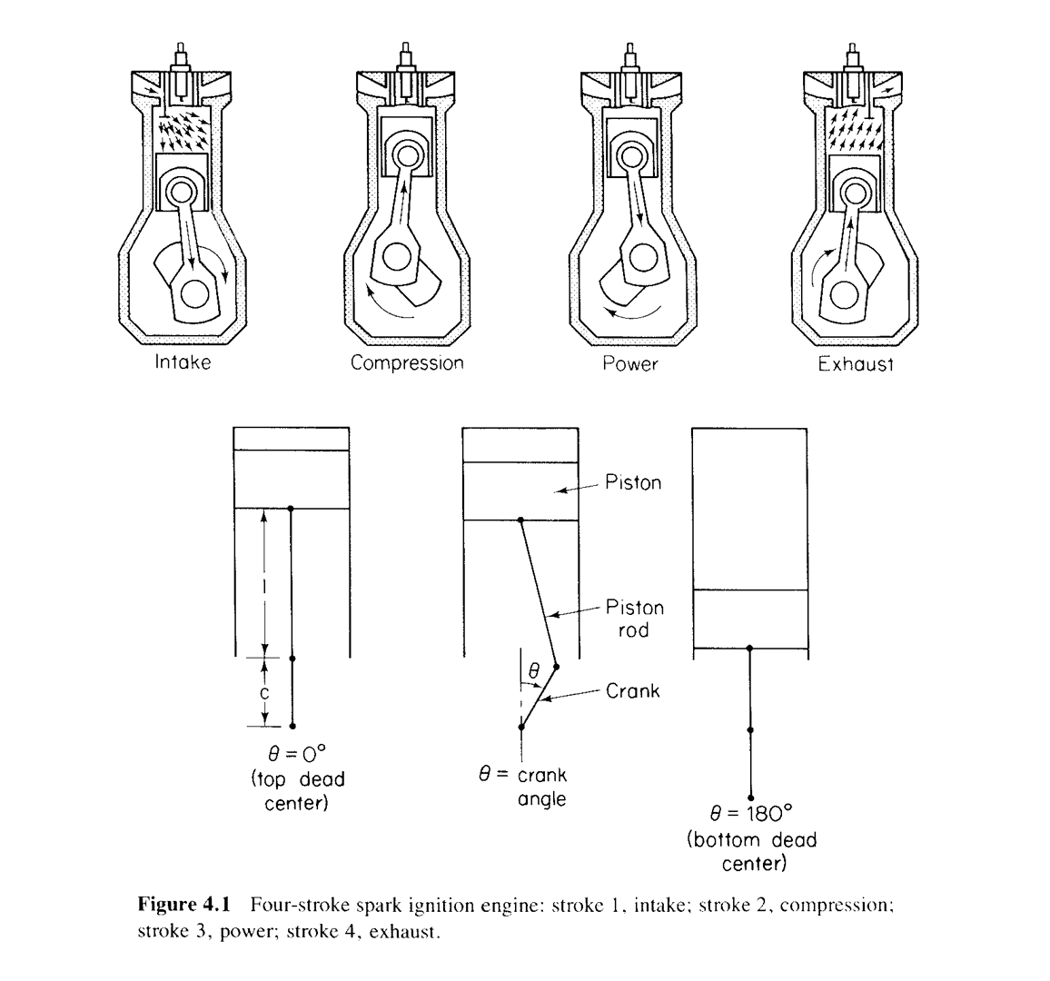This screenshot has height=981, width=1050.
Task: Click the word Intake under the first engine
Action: click(183, 362)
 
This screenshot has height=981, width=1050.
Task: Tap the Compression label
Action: click(407, 363)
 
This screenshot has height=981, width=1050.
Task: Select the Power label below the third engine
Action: click(629, 364)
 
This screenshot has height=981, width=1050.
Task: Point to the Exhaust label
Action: click(856, 365)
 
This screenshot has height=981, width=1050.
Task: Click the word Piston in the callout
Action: click(633, 482)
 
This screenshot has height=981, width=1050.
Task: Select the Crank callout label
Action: click(632, 691)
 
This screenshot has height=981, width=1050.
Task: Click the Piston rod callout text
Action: click(634, 618)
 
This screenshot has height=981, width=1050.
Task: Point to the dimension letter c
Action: click(262, 692)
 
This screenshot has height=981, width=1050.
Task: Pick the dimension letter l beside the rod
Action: click(262, 583)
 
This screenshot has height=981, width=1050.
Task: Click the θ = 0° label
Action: click(292, 755)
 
